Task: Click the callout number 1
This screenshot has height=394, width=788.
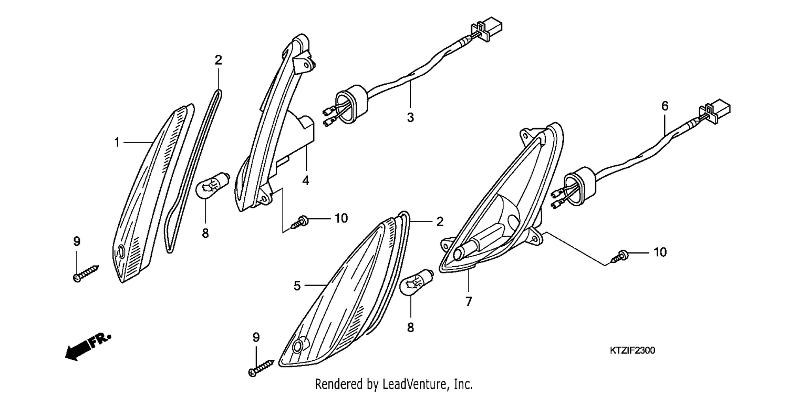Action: tap(117, 143)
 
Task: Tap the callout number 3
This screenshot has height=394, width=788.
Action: tap(410, 117)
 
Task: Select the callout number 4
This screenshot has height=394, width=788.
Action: tap(306, 180)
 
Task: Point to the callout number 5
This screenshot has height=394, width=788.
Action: tap(297, 286)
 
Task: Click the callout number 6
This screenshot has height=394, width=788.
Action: tap(665, 106)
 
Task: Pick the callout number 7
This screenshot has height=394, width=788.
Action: tap(468, 302)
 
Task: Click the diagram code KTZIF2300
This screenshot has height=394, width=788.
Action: tap(632, 350)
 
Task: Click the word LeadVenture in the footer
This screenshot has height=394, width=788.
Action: tap(407, 383)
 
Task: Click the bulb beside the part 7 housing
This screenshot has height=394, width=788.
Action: tap(417, 281)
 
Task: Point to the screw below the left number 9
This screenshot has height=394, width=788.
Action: tap(86, 274)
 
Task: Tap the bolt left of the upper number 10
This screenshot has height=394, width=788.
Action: tap(300, 222)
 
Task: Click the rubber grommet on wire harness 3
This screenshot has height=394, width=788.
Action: tap(350, 103)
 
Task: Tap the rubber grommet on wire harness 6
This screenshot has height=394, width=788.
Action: tap(580, 186)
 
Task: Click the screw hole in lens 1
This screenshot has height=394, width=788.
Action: tap(121, 252)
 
